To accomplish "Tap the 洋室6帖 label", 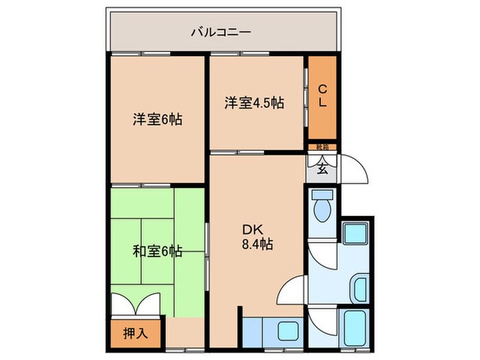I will (x=157, y=119).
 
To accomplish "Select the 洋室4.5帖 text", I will (x=254, y=104).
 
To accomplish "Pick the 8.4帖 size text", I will (x=257, y=244).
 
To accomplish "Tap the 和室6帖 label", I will (x=157, y=251).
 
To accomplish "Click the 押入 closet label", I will (x=134, y=334).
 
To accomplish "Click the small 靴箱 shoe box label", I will (x=322, y=147).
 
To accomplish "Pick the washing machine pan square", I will (x=355, y=234).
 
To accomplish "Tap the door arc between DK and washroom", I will (x=291, y=288).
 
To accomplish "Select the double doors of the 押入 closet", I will (x=136, y=304).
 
